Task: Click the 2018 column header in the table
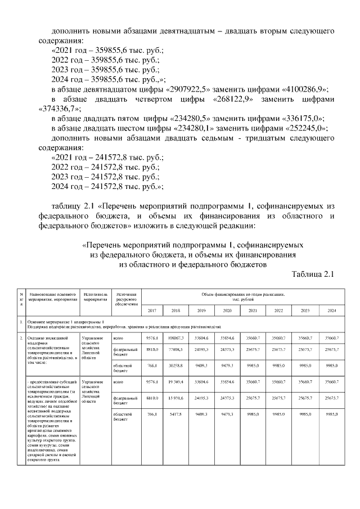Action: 175,311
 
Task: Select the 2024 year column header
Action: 331,311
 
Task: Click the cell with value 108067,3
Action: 175,339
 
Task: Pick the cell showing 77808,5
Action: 175,350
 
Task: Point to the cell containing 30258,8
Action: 175,366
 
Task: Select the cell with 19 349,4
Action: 175,382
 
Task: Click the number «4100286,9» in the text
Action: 301,90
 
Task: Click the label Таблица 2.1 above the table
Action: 313,274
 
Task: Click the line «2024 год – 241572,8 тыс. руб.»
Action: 107,186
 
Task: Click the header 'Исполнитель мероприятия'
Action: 94,296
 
